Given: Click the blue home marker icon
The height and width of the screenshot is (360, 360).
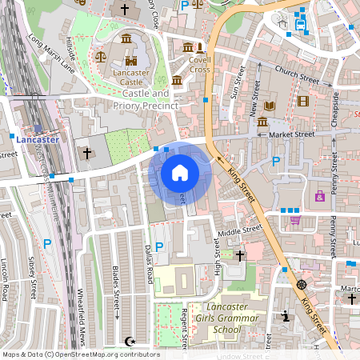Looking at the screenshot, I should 180,173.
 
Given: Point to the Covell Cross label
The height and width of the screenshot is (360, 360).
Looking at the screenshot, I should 199,64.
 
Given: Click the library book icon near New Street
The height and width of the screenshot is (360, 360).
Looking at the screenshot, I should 269,106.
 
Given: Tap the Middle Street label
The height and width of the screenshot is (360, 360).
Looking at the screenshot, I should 240,230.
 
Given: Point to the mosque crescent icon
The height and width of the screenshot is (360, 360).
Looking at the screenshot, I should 131,341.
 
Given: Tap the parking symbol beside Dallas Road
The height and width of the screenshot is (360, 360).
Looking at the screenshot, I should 158,247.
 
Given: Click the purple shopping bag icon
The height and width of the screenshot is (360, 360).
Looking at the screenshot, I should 320,195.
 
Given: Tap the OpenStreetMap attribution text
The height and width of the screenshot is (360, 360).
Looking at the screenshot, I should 80,354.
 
